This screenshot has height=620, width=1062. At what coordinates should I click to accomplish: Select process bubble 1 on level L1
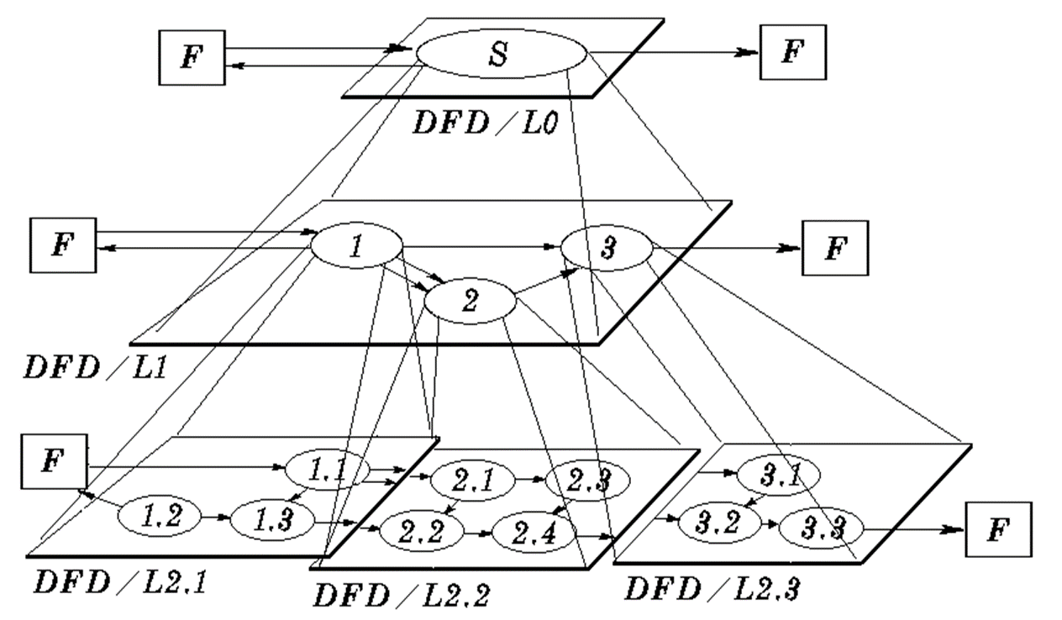pyautogui.click(x=356, y=247)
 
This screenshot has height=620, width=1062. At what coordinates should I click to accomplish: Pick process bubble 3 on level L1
pyautogui.click(x=607, y=247)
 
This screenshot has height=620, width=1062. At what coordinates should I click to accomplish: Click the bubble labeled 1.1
pyautogui.click(x=327, y=470)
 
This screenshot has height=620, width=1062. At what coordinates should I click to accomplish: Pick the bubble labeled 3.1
pyautogui.click(x=778, y=477)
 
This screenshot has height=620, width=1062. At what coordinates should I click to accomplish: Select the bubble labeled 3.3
pyautogui.click(x=821, y=528)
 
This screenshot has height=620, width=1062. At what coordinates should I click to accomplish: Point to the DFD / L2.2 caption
pyautogui.click(x=402, y=594)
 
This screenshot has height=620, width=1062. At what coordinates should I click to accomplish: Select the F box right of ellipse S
pyautogui.click(x=792, y=51)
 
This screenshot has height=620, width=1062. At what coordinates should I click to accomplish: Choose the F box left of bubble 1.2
pyautogui.click(x=52, y=463)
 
